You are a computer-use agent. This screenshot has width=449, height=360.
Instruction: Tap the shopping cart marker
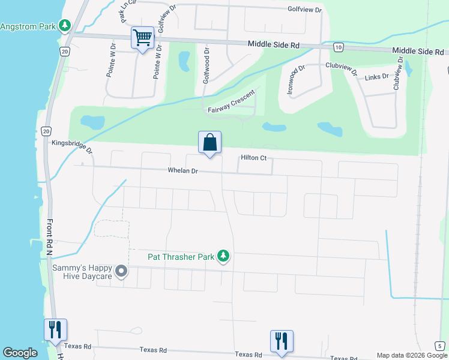coord(142,39)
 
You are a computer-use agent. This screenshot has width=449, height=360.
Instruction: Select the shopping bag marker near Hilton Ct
coord(209,143)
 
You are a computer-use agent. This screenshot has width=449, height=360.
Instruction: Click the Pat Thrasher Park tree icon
coord(224,256)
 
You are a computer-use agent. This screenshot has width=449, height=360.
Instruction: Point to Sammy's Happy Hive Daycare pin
coord(121,272)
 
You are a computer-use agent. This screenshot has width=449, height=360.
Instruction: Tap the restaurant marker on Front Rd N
coord(55,330)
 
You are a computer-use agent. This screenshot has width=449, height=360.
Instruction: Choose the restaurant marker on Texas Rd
coord(282,341)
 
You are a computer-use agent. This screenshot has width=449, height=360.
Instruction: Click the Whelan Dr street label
coord(183,171)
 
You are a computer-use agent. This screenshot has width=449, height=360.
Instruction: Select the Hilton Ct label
coord(253,158)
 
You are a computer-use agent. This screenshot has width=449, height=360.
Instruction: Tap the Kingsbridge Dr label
coord(72,146)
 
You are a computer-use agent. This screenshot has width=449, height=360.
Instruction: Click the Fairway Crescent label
coord(232,101)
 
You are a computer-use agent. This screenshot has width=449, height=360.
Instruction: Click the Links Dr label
coord(377,77)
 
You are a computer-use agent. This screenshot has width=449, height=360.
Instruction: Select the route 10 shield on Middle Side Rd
coord(339,47)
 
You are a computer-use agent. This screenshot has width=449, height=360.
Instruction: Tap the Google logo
coord(20,353)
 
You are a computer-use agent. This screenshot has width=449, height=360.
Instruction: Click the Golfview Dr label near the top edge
coord(304,10)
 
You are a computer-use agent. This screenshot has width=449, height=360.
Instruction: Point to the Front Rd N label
coord(50,237)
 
